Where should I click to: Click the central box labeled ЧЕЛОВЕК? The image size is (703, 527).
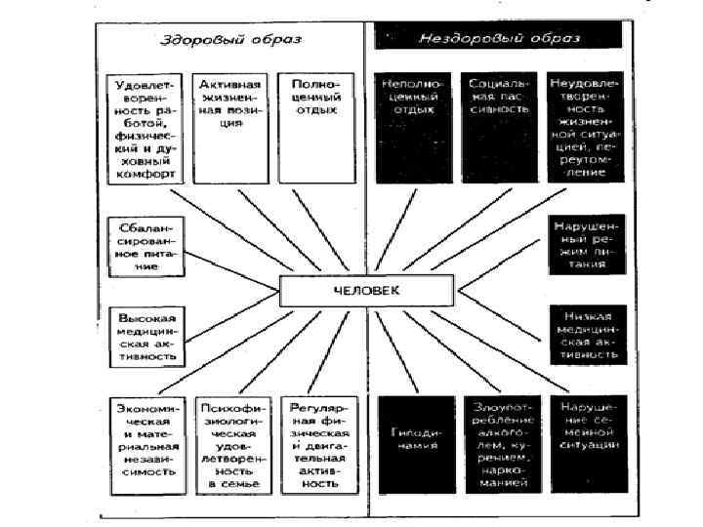366,290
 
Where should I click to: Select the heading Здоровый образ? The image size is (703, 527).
230,41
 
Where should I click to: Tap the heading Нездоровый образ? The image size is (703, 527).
499,40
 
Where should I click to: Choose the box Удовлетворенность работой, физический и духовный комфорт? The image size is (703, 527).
145,127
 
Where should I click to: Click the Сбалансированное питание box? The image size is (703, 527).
145,245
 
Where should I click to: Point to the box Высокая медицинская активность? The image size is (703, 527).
145,336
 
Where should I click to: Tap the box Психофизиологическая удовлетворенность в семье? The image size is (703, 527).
229,443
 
